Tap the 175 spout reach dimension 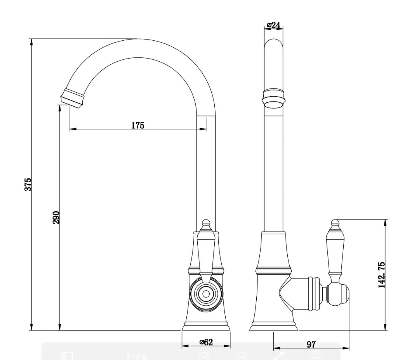tap(137, 125)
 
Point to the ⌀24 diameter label tap(273, 25)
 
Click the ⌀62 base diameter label tap(206, 342)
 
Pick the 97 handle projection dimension tap(311, 344)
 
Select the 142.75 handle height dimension tap(382, 274)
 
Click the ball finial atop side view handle tap(335, 223)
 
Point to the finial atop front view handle tap(206, 223)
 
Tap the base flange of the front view tap(206, 327)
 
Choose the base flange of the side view tap(273, 327)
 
